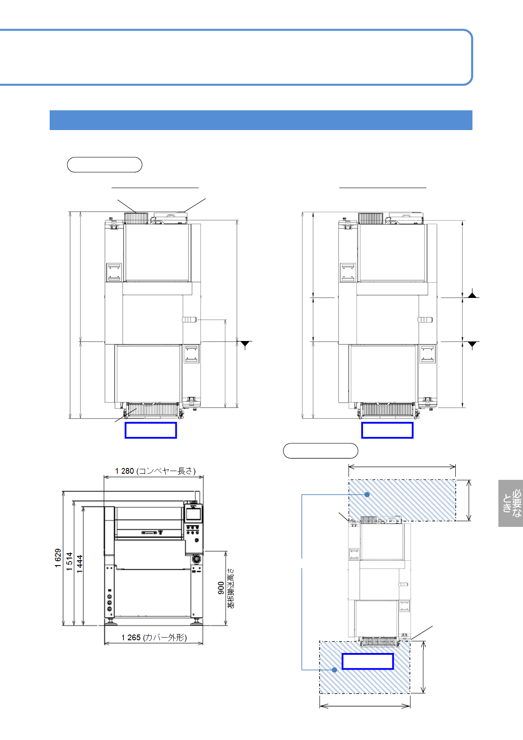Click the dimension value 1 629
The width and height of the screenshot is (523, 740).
point(58,558)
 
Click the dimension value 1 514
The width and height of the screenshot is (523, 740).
point(69,561)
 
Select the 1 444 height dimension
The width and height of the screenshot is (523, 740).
point(80,564)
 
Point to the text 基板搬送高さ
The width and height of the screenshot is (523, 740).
point(231,588)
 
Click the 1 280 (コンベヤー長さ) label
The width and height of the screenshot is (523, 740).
point(155,471)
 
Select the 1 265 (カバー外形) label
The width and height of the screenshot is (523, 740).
point(154,637)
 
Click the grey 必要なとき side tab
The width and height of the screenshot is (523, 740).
point(510,503)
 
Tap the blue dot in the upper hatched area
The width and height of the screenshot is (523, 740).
point(367,494)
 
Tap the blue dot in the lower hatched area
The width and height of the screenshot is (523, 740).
point(334,670)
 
